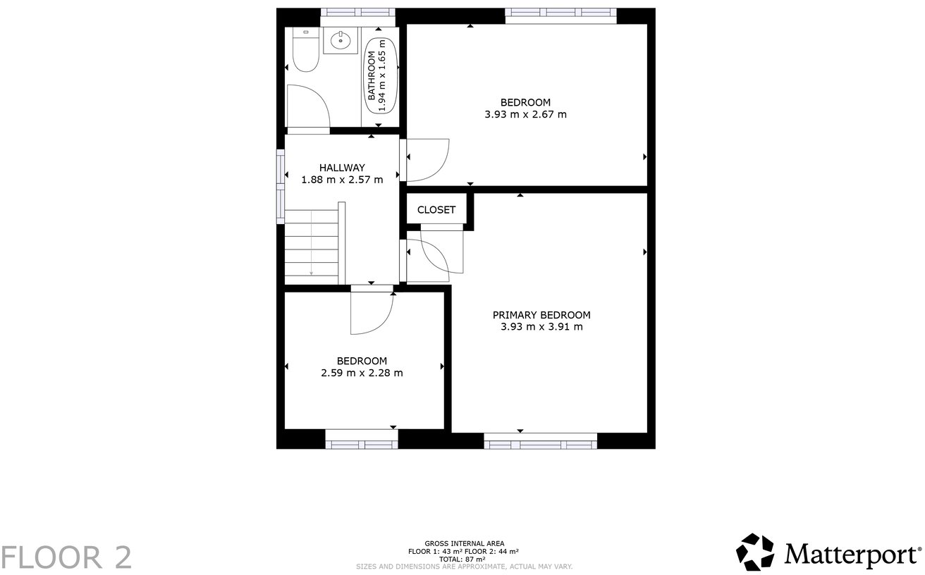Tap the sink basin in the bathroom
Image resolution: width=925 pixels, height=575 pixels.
point(342,40)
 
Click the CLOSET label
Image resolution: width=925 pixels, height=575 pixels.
point(436,210)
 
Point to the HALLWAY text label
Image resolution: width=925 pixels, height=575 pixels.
point(342,168)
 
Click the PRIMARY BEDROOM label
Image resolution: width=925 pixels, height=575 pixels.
point(541,315)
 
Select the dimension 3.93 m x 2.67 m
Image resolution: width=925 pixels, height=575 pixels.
point(525,114)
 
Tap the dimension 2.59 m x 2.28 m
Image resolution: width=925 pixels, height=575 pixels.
point(362,373)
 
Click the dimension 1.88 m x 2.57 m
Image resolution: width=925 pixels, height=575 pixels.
point(342,180)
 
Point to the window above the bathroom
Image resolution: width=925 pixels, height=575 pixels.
point(357,12)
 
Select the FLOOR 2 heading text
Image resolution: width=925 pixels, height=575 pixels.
point(66,557)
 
